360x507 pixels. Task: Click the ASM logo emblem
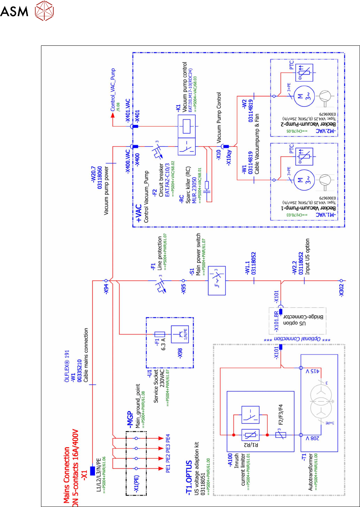[44, 10]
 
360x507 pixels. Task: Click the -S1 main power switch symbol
[217, 280]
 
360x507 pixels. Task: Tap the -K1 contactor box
[187, 135]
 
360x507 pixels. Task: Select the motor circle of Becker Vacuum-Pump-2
[304, 96]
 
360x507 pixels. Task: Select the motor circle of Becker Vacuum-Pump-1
[304, 180]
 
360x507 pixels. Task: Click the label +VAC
[138, 213]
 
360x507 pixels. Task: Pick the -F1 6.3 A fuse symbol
[160, 334]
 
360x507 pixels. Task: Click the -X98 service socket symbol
[180, 334]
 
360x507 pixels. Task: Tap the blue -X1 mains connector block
[93, 471]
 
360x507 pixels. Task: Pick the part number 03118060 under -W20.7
[100, 178]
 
